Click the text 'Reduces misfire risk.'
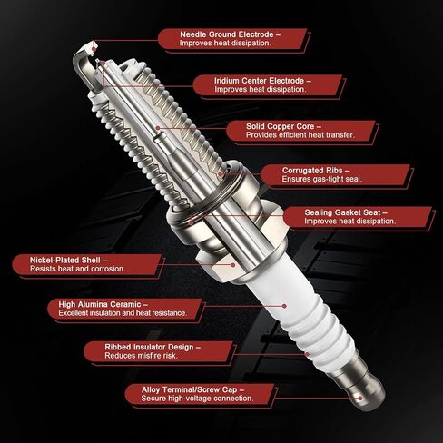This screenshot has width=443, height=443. [123, 357]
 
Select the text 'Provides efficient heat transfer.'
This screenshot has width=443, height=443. [300, 134]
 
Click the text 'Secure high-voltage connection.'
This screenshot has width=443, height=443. [188, 399]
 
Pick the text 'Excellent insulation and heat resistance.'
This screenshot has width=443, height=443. [123, 314]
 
